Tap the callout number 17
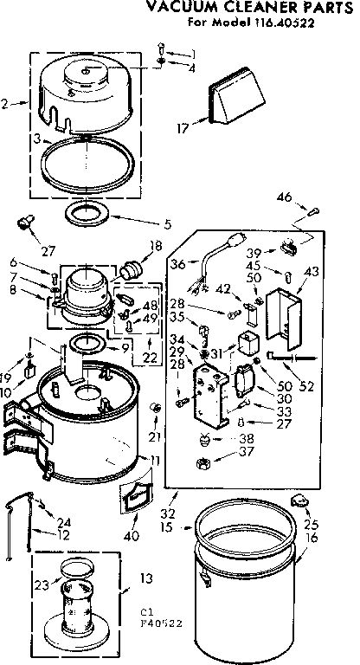pyautogui.click(x=181, y=130)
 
